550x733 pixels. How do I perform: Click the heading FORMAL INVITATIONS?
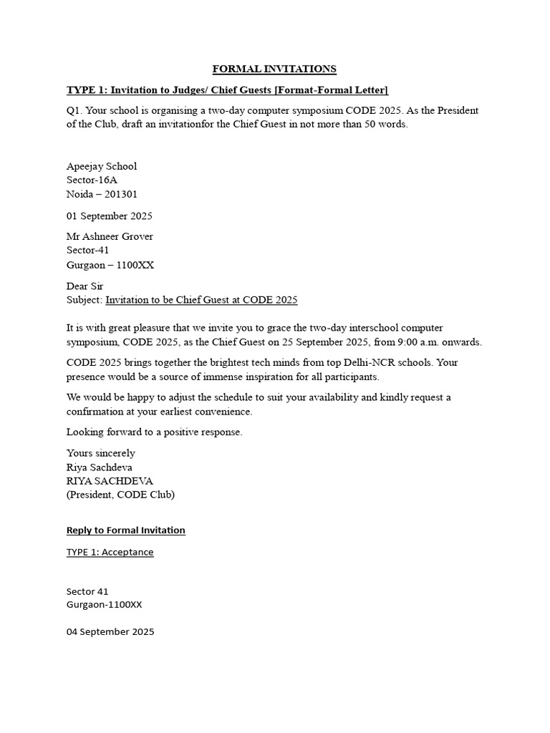point(274,69)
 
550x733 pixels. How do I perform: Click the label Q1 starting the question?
point(75,110)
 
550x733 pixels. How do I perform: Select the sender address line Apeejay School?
point(102,166)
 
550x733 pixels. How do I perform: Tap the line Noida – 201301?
point(102,194)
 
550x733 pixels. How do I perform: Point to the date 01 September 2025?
point(109,215)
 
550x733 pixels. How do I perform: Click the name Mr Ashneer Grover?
point(110,236)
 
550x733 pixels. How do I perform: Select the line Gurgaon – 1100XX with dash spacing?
point(110,265)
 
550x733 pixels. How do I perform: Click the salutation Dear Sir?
point(85,286)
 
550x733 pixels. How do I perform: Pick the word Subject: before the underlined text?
point(85,300)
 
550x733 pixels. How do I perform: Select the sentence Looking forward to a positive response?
point(154,432)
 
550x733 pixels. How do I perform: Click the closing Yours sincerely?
point(100,453)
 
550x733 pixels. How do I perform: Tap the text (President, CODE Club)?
point(120,495)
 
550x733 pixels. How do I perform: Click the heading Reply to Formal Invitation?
point(125,530)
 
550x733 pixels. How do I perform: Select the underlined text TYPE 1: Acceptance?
point(110,552)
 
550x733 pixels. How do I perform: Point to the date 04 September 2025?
point(110,631)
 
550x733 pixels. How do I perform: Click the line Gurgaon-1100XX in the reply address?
point(104,604)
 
